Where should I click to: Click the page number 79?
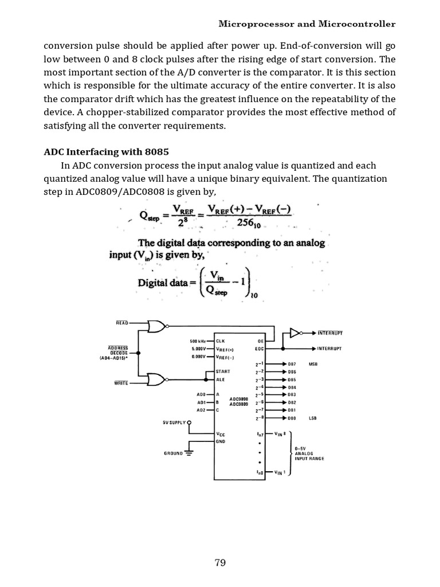point(220,562)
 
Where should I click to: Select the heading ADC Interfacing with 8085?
point(99,152)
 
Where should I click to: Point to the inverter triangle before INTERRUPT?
point(295,332)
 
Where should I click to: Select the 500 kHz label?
point(198,341)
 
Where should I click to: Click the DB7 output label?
point(292,364)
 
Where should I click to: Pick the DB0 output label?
point(292,418)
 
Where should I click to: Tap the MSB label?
point(313,364)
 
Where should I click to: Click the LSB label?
point(313,418)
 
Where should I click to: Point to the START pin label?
point(223,371)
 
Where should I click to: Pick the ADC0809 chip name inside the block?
point(238,404)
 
